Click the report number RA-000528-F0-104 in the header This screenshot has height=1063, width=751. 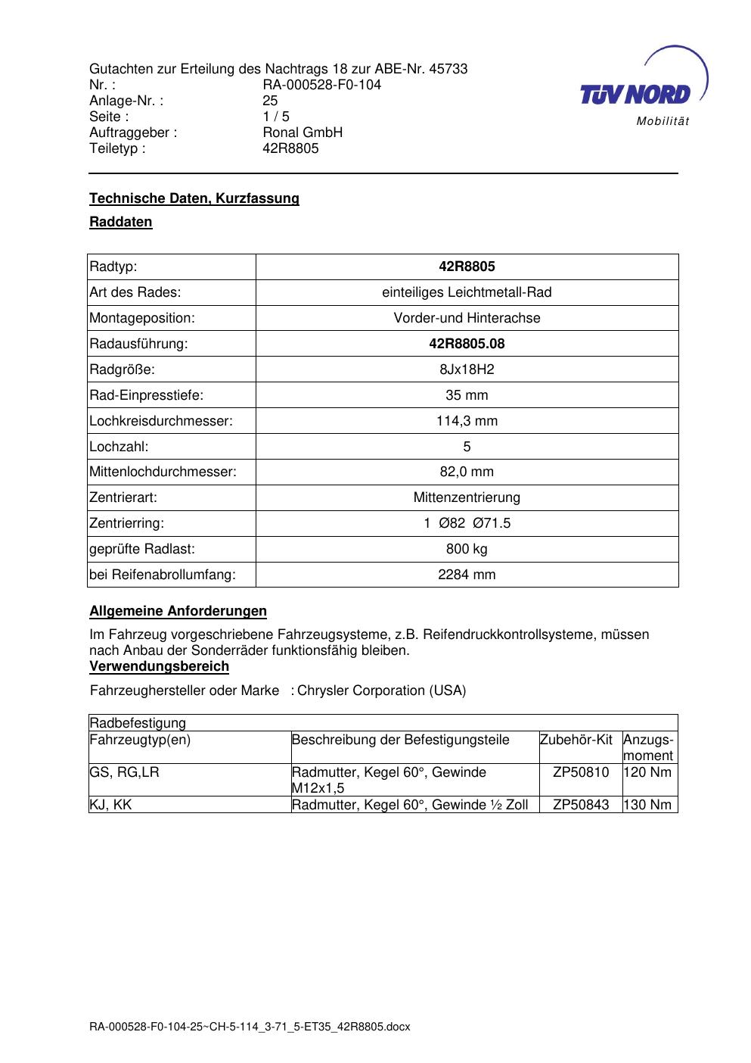pos(321,85)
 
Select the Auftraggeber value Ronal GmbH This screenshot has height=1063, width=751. pos(303,132)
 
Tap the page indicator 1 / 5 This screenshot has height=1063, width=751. pos(275,117)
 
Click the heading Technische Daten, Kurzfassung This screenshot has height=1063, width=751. pos(194,198)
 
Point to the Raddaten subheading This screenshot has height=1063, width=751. pos(121,222)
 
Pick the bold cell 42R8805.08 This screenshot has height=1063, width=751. pos(467,344)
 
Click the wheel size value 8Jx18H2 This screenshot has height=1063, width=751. pos(467,369)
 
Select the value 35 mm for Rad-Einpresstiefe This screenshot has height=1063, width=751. pos(467,395)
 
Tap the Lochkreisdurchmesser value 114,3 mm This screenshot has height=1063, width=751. pos(467,421)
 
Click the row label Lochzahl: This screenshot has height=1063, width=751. pos(119,447)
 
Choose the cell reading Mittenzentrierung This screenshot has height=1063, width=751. pos(467,497)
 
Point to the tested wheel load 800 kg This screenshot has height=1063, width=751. pos(467,549)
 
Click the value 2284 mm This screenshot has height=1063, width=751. pos(467,575)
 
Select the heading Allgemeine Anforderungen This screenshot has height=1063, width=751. pos(178,611)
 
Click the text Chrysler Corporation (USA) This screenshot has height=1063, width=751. pos(382,690)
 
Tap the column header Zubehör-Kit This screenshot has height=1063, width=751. pos(576,740)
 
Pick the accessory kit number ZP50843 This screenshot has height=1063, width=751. pos(581,805)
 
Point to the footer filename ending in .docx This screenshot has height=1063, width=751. pos(250,1027)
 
